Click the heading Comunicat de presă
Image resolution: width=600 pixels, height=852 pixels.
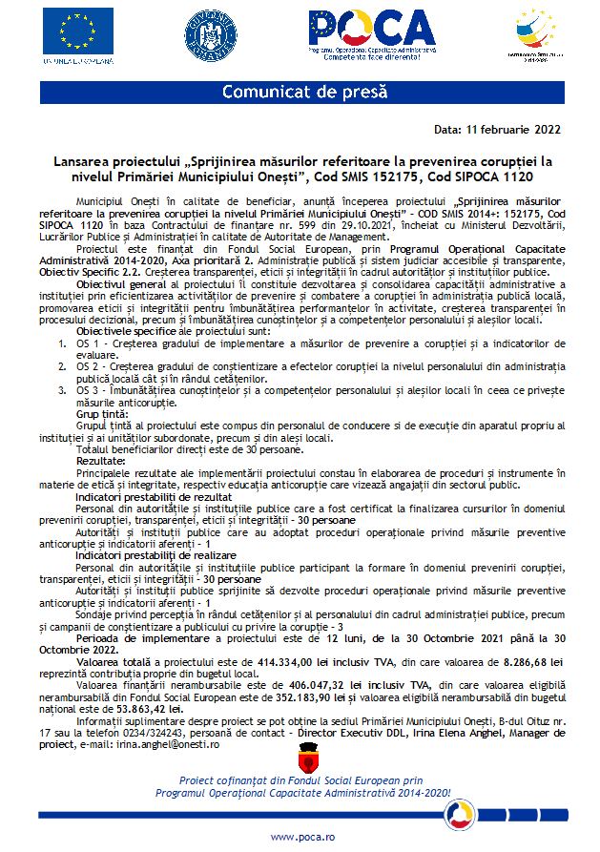[x=300, y=93]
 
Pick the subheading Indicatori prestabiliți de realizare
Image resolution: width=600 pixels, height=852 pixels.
[x=155, y=554]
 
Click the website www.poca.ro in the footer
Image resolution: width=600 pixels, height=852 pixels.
[x=299, y=836]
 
